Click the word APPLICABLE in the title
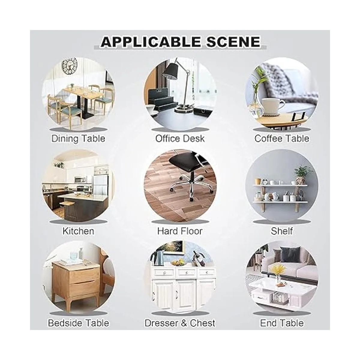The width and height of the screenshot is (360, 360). point(151,42)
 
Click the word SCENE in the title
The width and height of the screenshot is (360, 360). point(233,42)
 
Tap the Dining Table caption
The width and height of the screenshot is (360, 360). point(78,139)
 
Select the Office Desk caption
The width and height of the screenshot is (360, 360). point(180,139)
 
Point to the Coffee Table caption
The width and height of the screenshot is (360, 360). point(282,139)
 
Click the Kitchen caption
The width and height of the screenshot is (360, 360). point(78,231)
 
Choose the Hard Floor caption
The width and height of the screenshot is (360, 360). point(180,231)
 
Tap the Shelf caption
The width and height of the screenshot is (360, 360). point(282,231)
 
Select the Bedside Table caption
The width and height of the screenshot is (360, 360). point(79,323)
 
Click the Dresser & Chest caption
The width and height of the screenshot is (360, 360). point(180,323)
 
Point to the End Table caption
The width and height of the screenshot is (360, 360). point(282,323)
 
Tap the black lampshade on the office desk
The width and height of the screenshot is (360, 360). point(170,71)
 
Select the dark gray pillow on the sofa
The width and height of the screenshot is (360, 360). point(290,254)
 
